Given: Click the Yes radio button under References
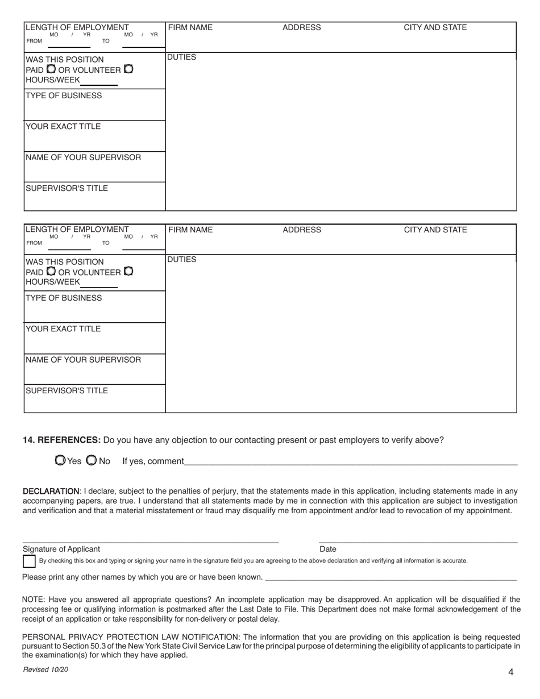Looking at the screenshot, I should [x=60, y=460].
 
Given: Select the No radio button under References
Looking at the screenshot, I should [x=91, y=460].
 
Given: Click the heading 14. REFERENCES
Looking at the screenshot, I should [x=62, y=440].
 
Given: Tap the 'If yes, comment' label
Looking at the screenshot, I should [x=153, y=461].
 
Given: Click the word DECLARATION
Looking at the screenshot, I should [x=51, y=491].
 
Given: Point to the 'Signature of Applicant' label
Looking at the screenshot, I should [x=61, y=549].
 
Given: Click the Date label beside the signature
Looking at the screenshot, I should [x=328, y=549].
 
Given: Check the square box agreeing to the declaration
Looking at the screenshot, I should [x=29, y=561].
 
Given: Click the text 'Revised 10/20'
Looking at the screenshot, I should [x=45, y=670].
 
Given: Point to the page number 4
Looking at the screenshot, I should [x=510, y=672].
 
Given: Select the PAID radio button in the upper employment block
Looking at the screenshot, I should [x=51, y=69].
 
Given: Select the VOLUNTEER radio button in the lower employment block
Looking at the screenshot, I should [x=128, y=271].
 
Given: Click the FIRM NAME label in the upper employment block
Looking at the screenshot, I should [x=190, y=27].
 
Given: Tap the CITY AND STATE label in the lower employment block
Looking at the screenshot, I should [x=435, y=230].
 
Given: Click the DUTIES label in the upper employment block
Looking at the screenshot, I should [x=181, y=57].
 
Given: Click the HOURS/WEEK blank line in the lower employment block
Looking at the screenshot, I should [x=99, y=284].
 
